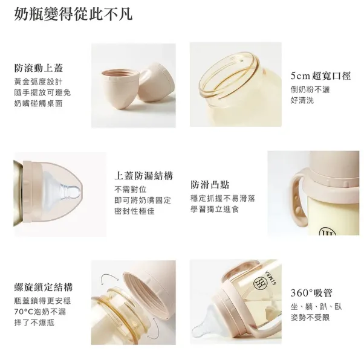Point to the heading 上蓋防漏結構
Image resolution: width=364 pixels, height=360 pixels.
point(143,176)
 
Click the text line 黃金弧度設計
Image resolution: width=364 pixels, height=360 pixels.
point(37,82)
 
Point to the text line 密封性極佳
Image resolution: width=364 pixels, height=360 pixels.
point(134,211)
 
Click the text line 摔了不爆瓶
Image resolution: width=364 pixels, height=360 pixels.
point(37,324)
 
